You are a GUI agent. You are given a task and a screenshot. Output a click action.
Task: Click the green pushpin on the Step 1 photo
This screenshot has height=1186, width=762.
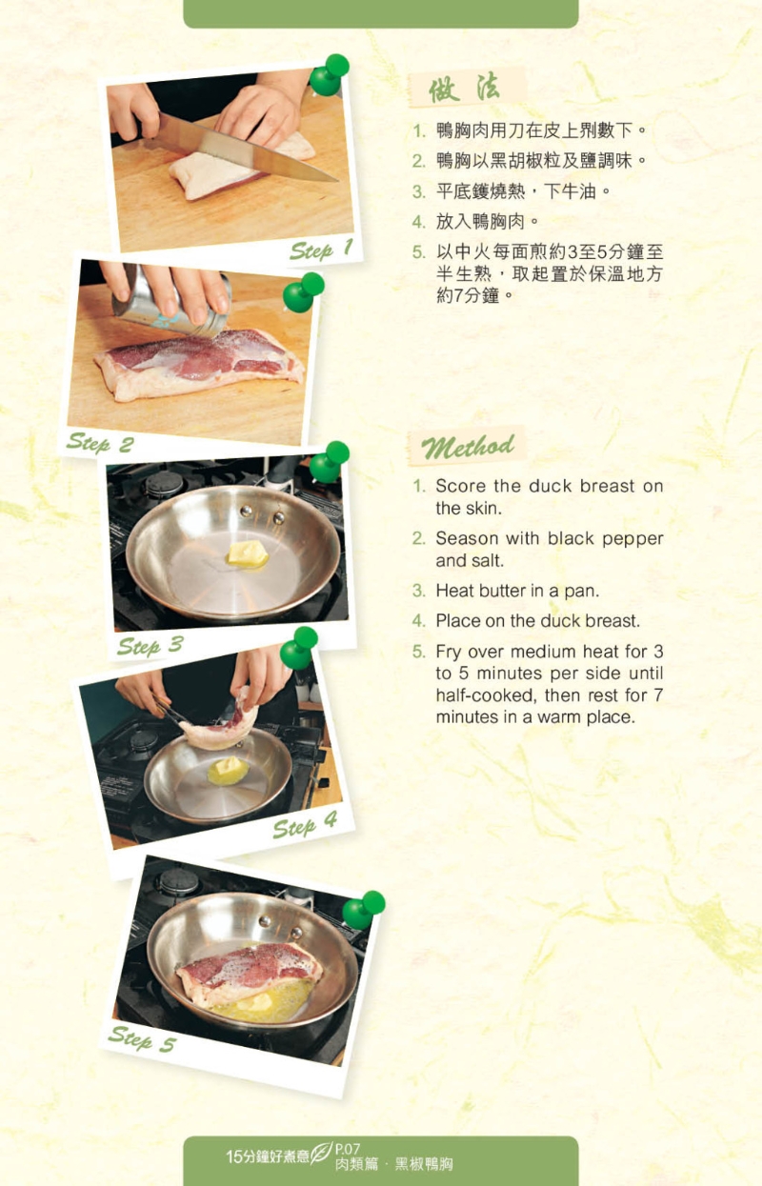(329, 75)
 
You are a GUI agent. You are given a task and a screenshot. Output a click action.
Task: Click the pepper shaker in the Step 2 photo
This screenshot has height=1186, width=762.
(172, 301)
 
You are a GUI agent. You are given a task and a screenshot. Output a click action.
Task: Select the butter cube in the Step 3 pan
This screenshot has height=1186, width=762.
(248, 554)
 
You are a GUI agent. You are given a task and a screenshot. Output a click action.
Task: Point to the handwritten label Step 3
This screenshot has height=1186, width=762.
(150, 646)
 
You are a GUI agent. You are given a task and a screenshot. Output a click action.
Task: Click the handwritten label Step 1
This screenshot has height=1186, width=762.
(321, 250)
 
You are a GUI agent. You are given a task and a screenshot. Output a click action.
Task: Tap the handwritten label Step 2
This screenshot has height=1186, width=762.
(100, 443)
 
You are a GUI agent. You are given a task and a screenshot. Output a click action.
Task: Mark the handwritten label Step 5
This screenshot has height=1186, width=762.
(142, 1038)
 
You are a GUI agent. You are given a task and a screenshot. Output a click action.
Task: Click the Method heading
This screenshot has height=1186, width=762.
(468, 448)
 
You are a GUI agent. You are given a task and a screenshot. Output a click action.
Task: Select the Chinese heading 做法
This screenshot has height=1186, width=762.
(464, 89)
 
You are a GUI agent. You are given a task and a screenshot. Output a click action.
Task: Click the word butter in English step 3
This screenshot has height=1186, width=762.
(502, 591)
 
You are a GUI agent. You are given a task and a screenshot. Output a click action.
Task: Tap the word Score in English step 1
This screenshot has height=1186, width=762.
(460, 486)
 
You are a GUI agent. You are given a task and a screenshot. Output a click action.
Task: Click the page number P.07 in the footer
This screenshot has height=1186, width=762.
(348, 1148)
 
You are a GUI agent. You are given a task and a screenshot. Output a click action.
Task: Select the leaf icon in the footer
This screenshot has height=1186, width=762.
(321, 1152)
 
